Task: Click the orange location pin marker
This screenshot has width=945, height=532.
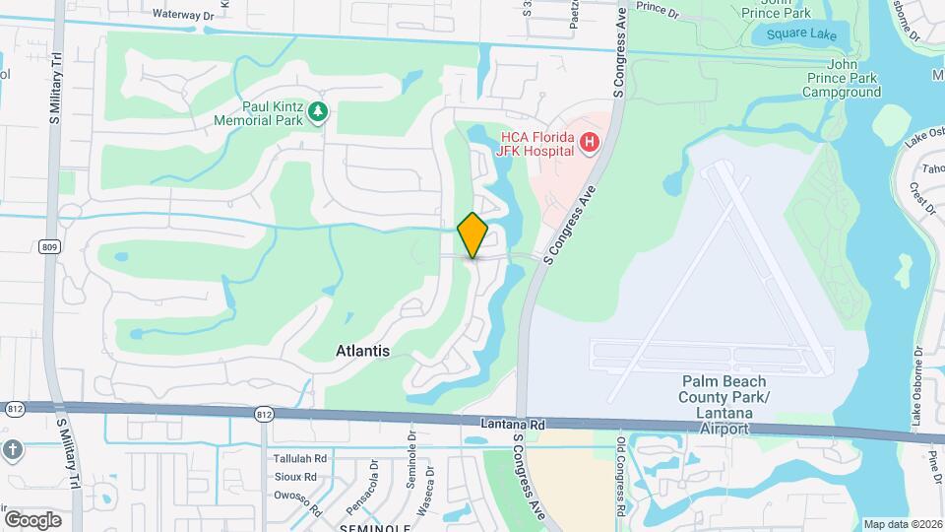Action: click(472, 235)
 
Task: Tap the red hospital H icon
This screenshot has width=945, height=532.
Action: click(590, 144)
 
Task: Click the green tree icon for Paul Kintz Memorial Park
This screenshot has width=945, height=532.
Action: click(317, 113)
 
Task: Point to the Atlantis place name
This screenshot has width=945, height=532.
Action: click(362, 351)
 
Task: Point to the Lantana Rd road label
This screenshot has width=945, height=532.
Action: click(513, 424)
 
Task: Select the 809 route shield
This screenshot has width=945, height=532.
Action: click(49, 247)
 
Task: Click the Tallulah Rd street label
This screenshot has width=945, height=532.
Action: click(299, 459)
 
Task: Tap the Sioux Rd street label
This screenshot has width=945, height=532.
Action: click(294, 477)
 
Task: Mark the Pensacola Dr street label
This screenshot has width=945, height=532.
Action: click(374, 481)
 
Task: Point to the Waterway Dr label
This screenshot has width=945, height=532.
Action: click(184, 15)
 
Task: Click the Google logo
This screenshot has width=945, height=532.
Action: click(32, 519)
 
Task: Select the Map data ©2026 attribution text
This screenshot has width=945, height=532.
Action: click(901, 524)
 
